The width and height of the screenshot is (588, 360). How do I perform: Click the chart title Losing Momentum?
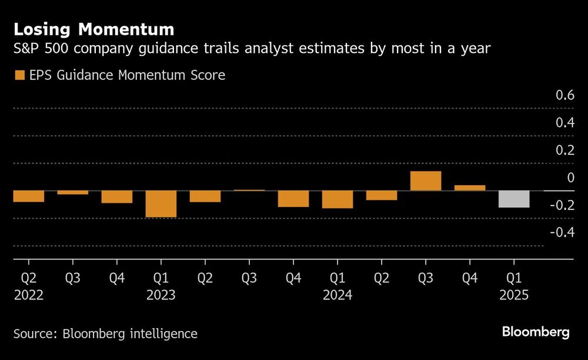pos(93,29)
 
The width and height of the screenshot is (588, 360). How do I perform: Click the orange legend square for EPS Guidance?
pos(19,75)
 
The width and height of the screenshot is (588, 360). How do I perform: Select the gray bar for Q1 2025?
pos(514,199)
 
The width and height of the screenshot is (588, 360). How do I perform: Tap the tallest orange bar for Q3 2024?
pos(426,181)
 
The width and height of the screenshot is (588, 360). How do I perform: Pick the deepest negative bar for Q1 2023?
pos(161,204)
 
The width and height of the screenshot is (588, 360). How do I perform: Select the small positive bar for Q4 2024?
pos(470,188)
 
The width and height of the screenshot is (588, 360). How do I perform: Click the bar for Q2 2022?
pos(28,196)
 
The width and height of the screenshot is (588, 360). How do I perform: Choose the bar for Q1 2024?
pos(338,199)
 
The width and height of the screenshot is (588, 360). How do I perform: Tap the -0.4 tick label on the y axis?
pos(562,232)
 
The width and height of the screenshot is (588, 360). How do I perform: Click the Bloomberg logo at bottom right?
pos(536,332)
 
